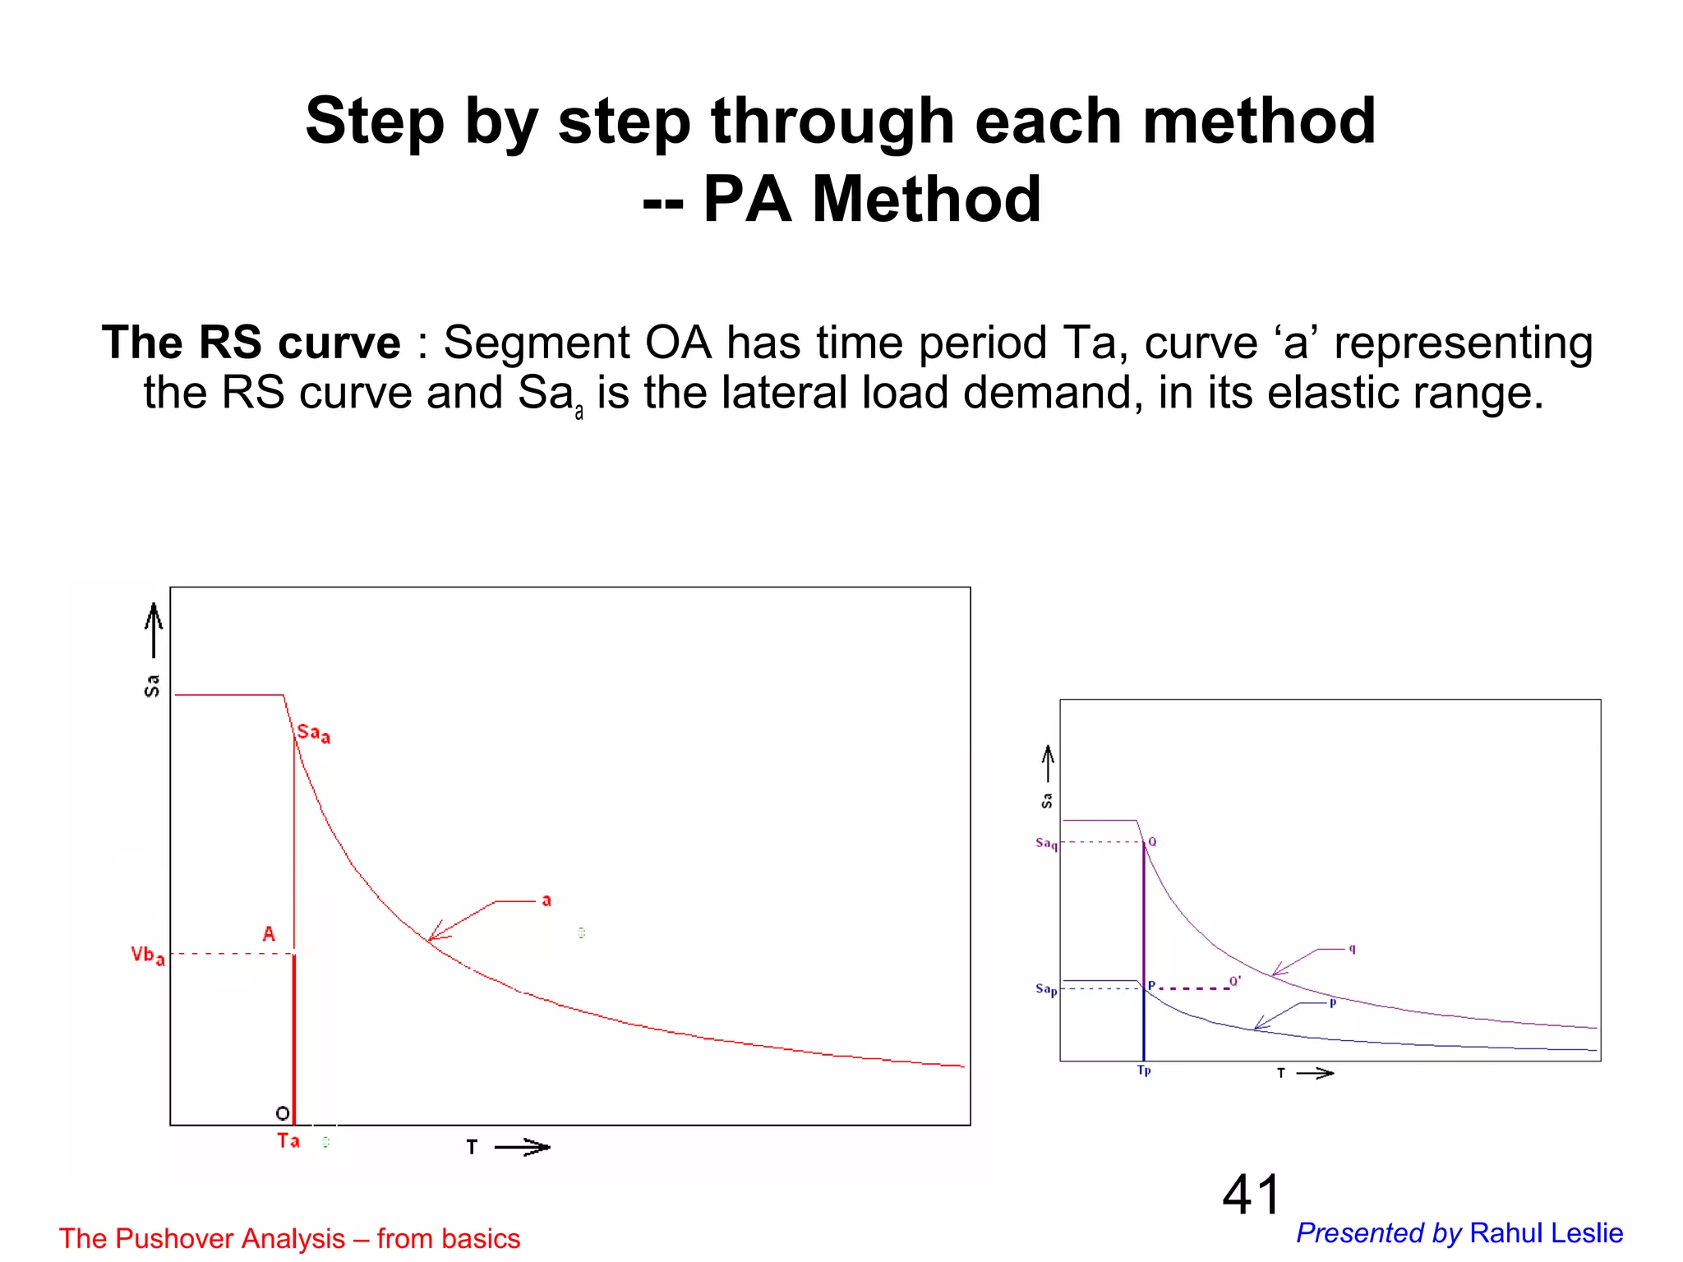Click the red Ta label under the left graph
tap(288, 1140)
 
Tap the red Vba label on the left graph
tap(147, 956)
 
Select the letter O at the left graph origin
tap(283, 1113)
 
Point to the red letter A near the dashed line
tap(269, 934)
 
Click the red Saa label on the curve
tap(313, 733)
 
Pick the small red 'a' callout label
tap(546, 901)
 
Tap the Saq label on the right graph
tap(1046, 844)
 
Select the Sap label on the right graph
tap(1046, 989)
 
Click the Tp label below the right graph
tap(1144, 1071)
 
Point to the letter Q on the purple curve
tap(1152, 842)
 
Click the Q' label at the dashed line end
tap(1235, 981)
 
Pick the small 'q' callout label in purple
tap(1352, 949)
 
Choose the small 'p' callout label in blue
tap(1333, 1002)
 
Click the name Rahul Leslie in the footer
tap(1546, 1233)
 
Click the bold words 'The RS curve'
tap(251, 343)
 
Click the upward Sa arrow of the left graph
tap(154, 629)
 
